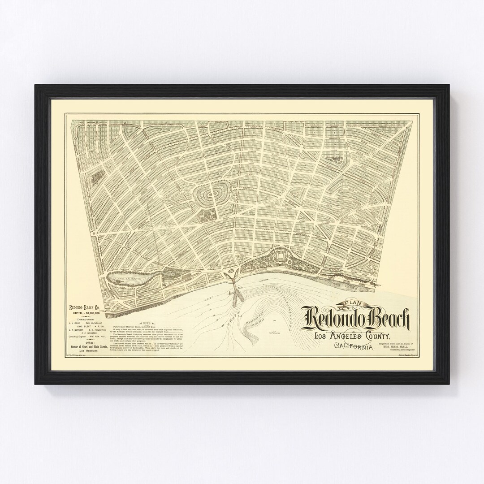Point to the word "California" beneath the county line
pyautogui.click(x=354, y=346)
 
